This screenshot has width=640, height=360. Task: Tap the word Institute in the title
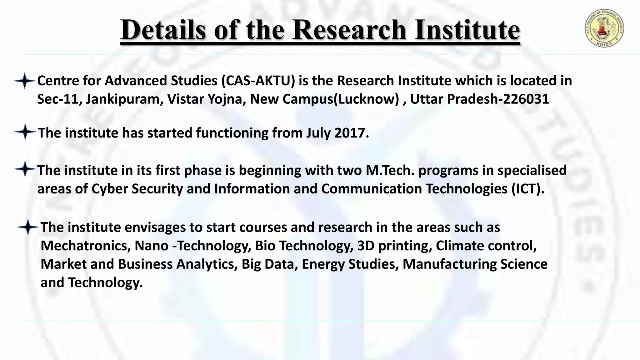tap(467, 30)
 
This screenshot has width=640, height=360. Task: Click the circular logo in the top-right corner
tap(604, 28)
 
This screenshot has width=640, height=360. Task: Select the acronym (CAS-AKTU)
tap(258, 81)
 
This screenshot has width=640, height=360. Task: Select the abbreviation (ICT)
tap(528, 189)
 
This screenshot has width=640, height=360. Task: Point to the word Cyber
tap(110, 189)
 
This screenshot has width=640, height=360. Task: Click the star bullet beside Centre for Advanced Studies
tap(24, 81)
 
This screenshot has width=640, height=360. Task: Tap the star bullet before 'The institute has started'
tap(25, 132)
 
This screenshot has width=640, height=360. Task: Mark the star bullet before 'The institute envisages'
tap(27, 227)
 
